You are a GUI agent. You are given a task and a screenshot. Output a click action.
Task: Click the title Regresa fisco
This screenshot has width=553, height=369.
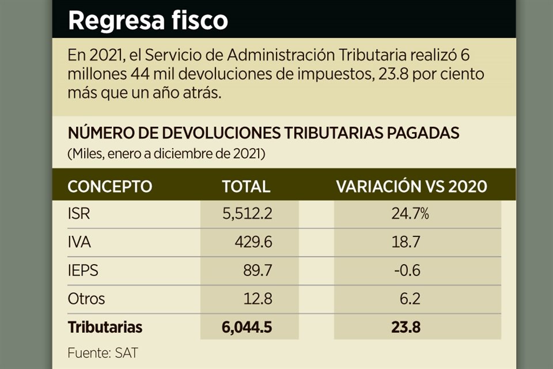click(x=148, y=21)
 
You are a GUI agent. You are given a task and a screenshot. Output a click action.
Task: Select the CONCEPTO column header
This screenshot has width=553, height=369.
click(x=110, y=187)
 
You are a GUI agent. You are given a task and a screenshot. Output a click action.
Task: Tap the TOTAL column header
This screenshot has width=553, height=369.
click(x=246, y=187)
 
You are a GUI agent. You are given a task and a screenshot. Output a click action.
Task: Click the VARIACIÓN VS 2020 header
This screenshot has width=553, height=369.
click(x=411, y=187)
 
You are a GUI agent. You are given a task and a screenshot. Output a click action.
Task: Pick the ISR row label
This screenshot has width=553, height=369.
click(x=79, y=214)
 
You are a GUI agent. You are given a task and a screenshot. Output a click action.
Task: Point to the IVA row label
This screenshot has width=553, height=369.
click(x=79, y=243)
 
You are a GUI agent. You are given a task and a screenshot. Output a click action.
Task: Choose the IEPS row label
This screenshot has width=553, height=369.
click(x=83, y=271)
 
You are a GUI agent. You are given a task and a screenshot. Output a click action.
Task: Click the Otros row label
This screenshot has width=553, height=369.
click(x=86, y=299)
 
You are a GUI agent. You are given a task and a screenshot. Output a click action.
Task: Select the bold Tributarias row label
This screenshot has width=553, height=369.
click(x=105, y=327)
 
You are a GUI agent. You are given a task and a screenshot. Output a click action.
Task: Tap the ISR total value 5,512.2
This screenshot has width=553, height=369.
click(x=247, y=214)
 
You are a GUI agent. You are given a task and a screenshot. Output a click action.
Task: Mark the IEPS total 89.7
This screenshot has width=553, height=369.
click(x=257, y=271)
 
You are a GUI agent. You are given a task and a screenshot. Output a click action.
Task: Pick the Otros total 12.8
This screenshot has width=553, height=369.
click(x=257, y=299)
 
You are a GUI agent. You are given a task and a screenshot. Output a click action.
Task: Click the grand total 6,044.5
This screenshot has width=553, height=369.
click(x=246, y=327)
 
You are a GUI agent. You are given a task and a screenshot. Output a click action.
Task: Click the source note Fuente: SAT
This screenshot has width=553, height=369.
click(x=103, y=353)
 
